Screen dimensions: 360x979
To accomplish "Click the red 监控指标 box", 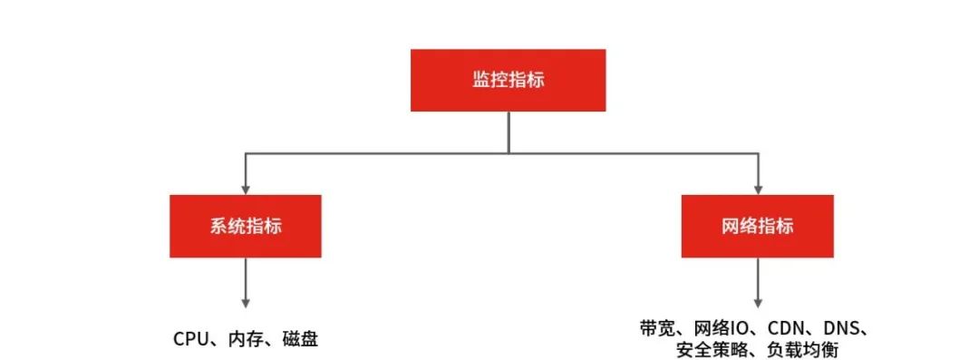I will coord(508,80).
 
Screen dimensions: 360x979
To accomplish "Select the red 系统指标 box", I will coord(245,226).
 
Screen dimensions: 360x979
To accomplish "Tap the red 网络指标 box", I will coord(758,226).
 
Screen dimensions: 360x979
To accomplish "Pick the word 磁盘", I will coord(297,339).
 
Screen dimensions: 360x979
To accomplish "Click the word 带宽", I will coord(655,327).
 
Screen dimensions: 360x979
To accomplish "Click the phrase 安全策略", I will coord(710,349).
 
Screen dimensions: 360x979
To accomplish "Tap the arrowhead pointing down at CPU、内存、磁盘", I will coord(245,301).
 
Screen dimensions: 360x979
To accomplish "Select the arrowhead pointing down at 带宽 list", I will coord(758,301).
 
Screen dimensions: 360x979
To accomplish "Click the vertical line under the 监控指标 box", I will coord(508,131).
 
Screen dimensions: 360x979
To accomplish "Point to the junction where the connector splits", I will coord(508,152).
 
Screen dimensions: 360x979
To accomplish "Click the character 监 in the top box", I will coord(480,80).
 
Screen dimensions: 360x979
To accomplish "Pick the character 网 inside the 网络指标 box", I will coord(731,226).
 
